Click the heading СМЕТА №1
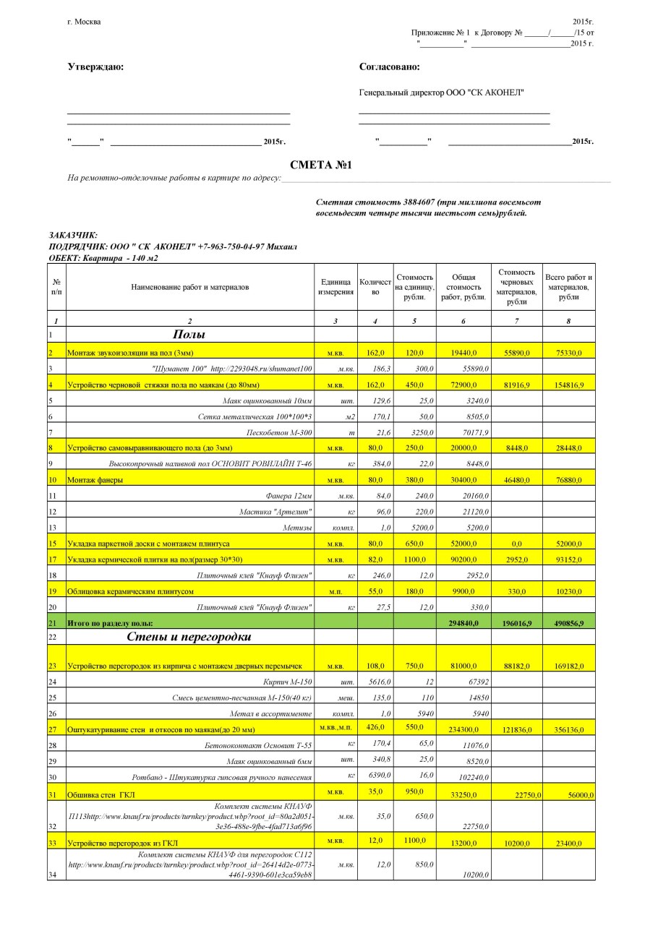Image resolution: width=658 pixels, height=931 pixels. point(320,166)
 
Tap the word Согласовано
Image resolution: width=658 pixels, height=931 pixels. point(389,67)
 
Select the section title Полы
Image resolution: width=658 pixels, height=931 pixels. point(189,335)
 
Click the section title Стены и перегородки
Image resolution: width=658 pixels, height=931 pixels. point(189,637)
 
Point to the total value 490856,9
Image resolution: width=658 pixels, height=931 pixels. point(568,622)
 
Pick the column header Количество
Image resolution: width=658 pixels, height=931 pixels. point(375,287)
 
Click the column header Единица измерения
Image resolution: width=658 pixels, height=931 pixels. point(336,287)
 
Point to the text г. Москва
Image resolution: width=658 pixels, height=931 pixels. point(84,21)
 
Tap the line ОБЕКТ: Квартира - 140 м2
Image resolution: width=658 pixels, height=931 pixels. point(103,258)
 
